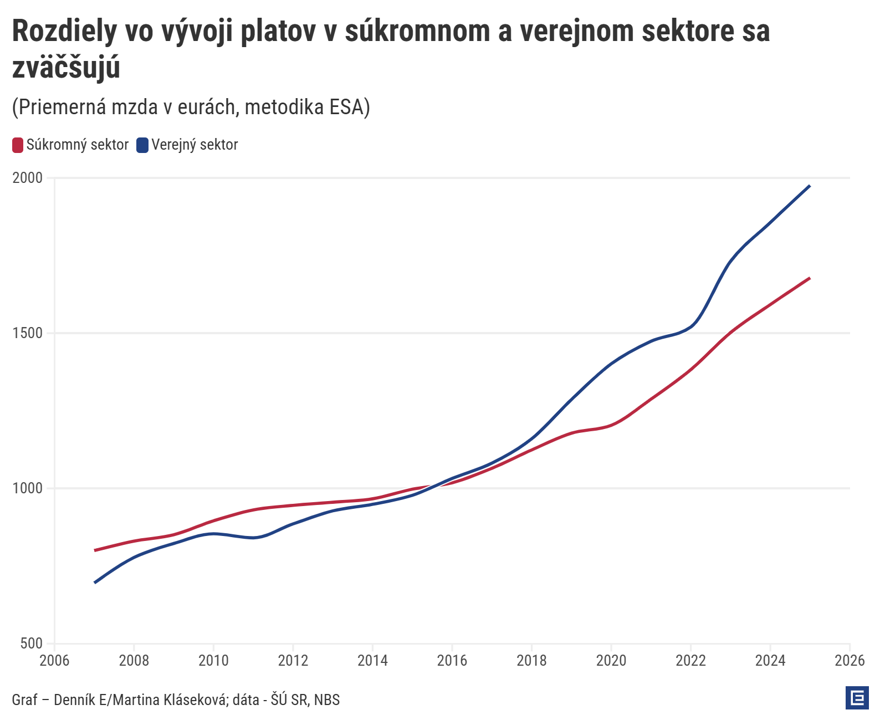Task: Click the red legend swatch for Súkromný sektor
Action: [18, 145]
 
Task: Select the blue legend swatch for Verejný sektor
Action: [142, 145]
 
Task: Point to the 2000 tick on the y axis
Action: [28, 178]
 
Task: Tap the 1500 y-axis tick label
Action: [28, 333]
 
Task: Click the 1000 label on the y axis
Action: [28, 488]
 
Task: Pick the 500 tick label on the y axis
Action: [32, 644]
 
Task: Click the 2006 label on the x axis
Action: [54, 661]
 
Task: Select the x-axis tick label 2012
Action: [293, 661]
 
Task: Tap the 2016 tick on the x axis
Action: [452, 661]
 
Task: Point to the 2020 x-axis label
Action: [611, 661]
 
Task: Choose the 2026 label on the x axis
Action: [850, 661]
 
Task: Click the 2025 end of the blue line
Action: [810, 186]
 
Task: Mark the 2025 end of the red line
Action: [810, 278]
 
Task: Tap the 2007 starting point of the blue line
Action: [95, 583]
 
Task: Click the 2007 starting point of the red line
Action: [95, 550]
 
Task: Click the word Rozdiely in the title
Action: [64, 31]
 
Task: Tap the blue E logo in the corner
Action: [857, 698]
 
